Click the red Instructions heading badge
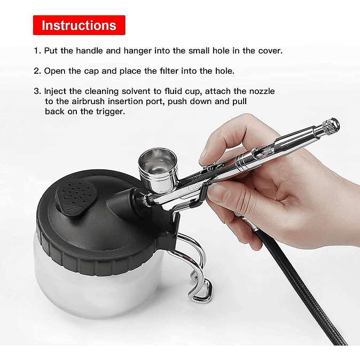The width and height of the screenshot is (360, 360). tap(79, 26)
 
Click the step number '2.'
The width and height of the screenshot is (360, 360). tap(37, 71)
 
